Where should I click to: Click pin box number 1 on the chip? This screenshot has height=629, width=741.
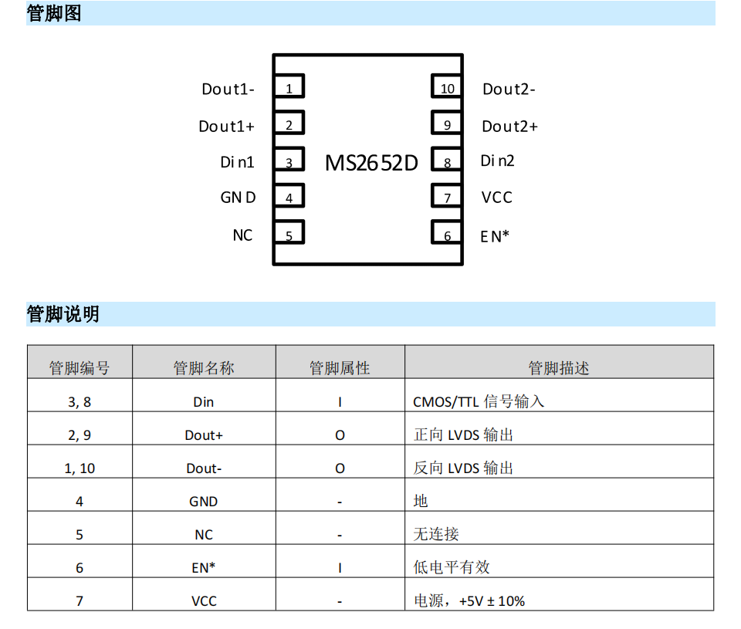pyautogui.click(x=289, y=86)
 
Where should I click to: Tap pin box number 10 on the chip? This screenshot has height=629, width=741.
pyautogui.click(x=447, y=86)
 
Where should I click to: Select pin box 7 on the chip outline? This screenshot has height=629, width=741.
pyautogui.click(x=447, y=196)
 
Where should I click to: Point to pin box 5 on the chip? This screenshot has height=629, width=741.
pyautogui.click(x=289, y=232)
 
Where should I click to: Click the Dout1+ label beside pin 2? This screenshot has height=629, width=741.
pyautogui.click(x=226, y=126)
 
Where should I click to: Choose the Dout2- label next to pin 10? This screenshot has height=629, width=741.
pyautogui.click(x=509, y=89)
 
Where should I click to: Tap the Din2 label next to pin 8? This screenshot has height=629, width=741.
pyautogui.click(x=497, y=161)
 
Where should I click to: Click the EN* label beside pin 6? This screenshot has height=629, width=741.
pyautogui.click(x=494, y=236)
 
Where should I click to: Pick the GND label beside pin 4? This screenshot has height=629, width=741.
pyautogui.click(x=238, y=197)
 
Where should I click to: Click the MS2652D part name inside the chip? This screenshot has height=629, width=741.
pyautogui.click(x=371, y=163)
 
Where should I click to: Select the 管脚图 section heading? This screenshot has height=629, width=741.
pyautogui.click(x=54, y=13)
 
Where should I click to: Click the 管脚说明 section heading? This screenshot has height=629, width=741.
pyautogui.click(x=63, y=314)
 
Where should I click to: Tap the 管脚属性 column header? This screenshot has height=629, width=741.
pyautogui.click(x=340, y=367)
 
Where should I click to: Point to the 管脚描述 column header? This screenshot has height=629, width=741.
pyautogui.click(x=559, y=367)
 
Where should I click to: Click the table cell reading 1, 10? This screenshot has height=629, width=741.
pyautogui.click(x=80, y=468)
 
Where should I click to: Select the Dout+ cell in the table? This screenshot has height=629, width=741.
pyautogui.click(x=204, y=435)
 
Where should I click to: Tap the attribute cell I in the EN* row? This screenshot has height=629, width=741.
pyautogui.click(x=340, y=567)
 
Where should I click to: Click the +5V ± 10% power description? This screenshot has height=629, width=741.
pyautogui.click(x=492, y=600)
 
